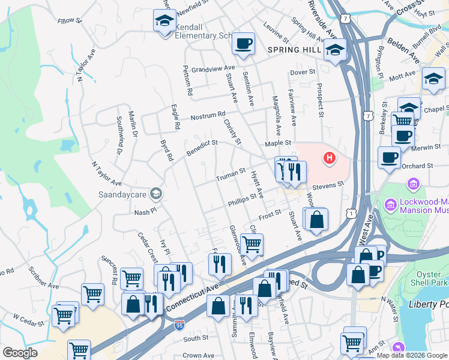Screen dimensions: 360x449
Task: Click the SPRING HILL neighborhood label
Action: (295, 50)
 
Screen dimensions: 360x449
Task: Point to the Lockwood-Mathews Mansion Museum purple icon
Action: (414, 184)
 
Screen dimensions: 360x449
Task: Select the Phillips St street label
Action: (243, 200)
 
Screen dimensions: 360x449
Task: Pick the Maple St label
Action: (279, 143)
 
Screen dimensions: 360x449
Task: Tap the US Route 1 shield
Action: (351, 214)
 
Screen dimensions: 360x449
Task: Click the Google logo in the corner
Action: (20, 353)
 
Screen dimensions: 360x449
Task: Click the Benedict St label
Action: (201, 147)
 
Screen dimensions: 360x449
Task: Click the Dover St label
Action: (303, 72)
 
